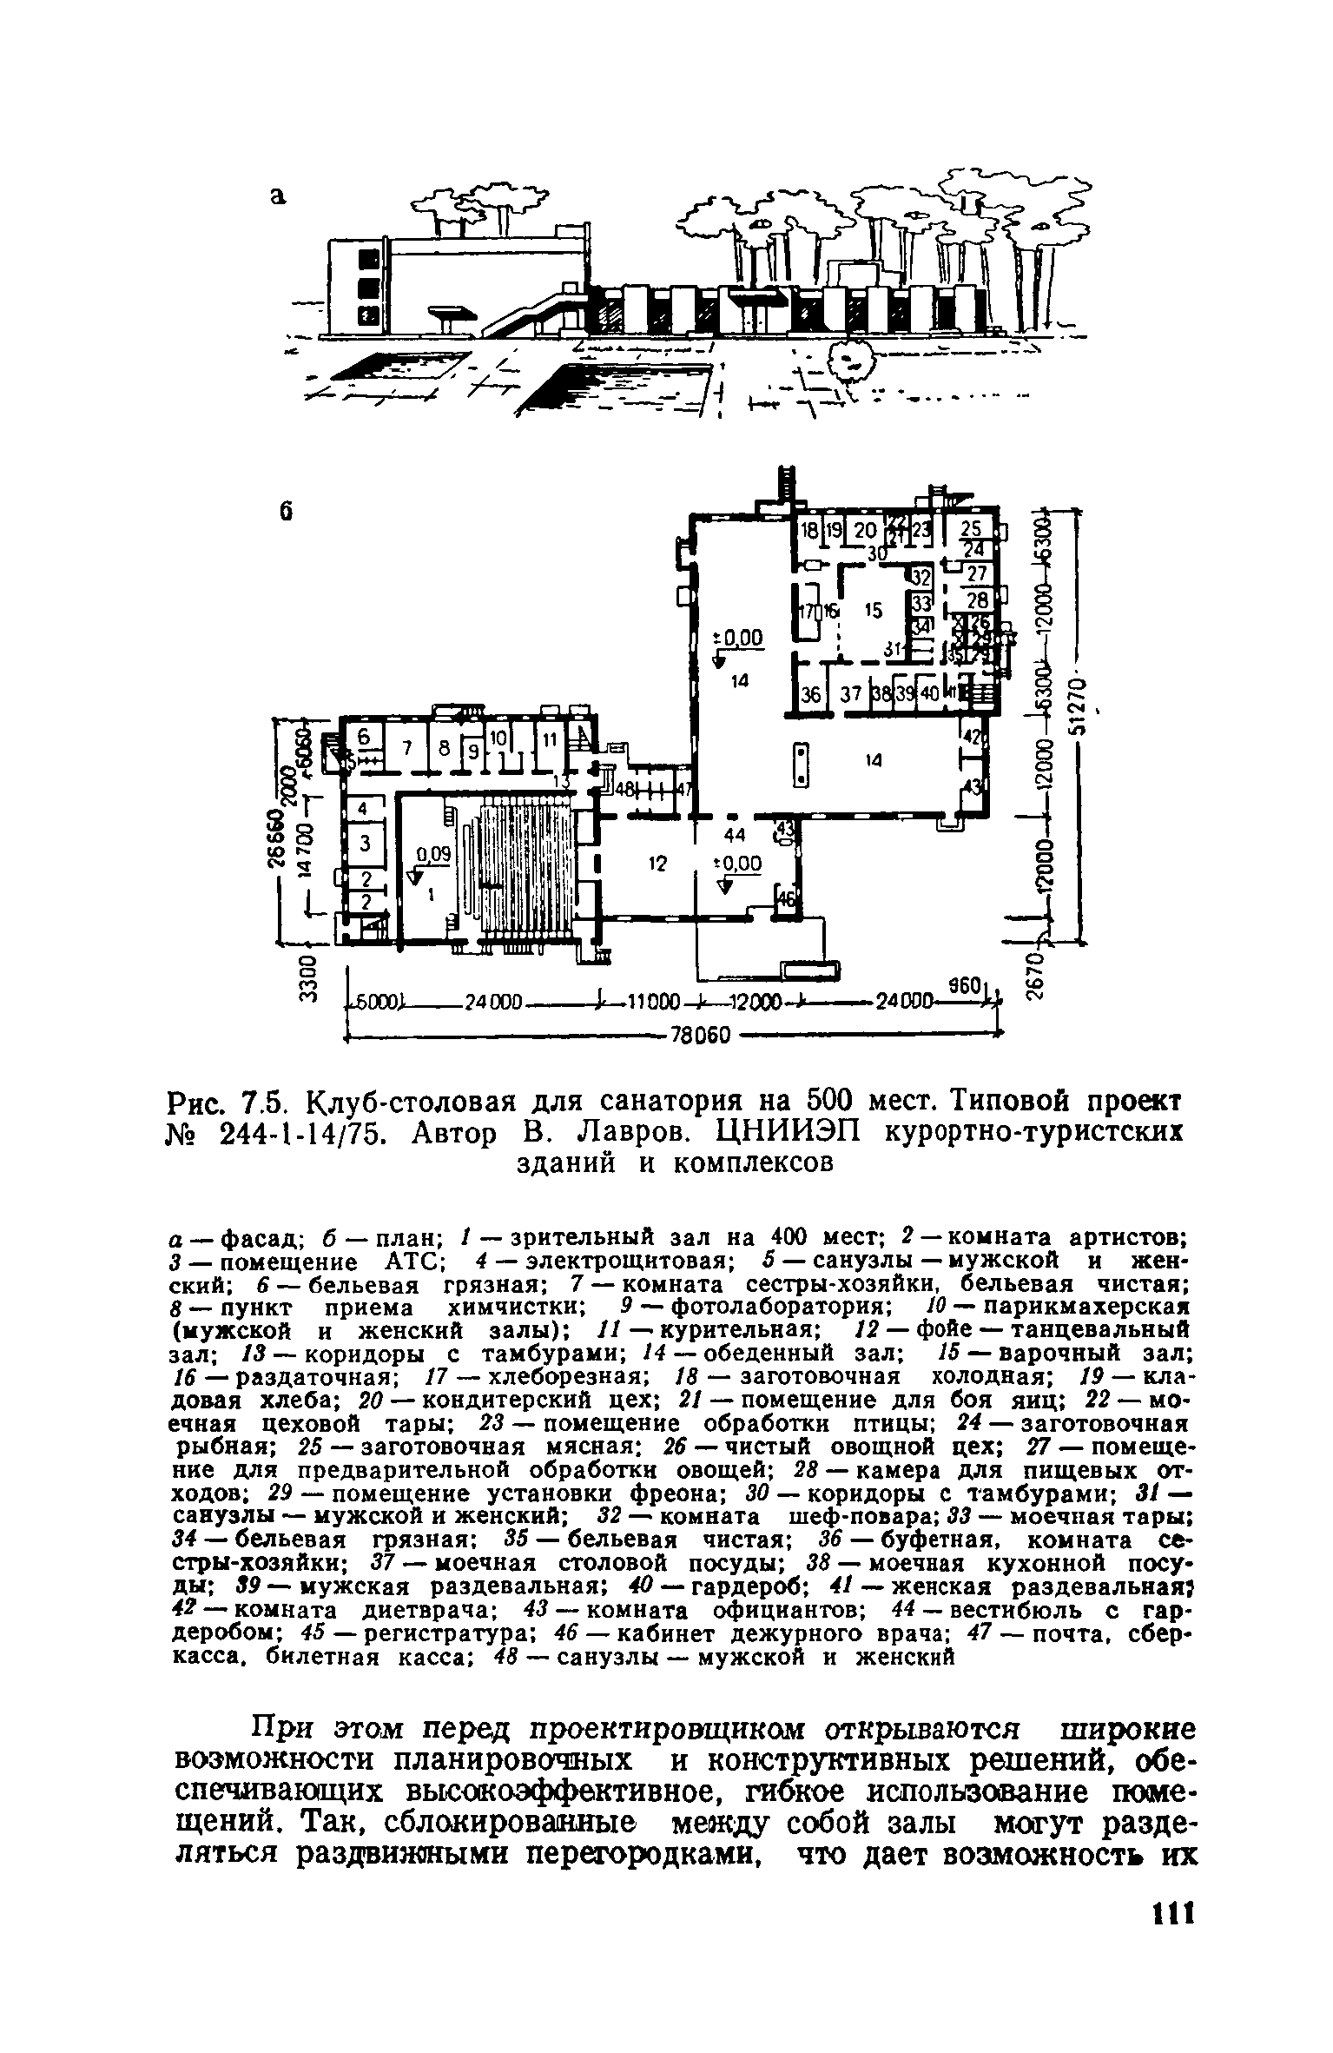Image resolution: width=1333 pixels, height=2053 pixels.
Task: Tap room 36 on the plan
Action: click(811, 695)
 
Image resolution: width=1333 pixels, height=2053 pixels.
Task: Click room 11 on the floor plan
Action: click(549, 740)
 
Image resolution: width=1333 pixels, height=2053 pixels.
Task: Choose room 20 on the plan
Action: click(865, 531)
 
